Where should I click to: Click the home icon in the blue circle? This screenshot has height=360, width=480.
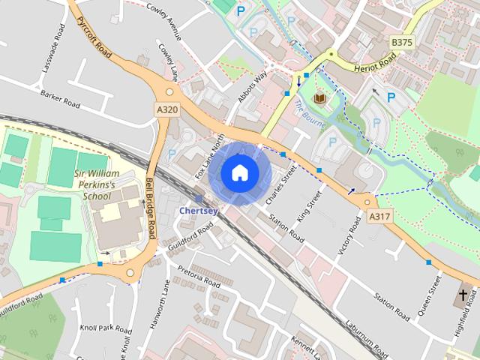[238, 173]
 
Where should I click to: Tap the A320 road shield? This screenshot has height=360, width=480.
[168, 110]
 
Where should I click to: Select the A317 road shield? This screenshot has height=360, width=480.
[379, 217]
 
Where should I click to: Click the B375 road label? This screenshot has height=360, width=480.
[402, 42]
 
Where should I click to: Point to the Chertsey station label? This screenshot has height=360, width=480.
[198, 211]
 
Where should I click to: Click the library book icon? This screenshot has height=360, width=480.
[320, 98]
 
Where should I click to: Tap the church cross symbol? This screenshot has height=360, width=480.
[463, 294]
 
